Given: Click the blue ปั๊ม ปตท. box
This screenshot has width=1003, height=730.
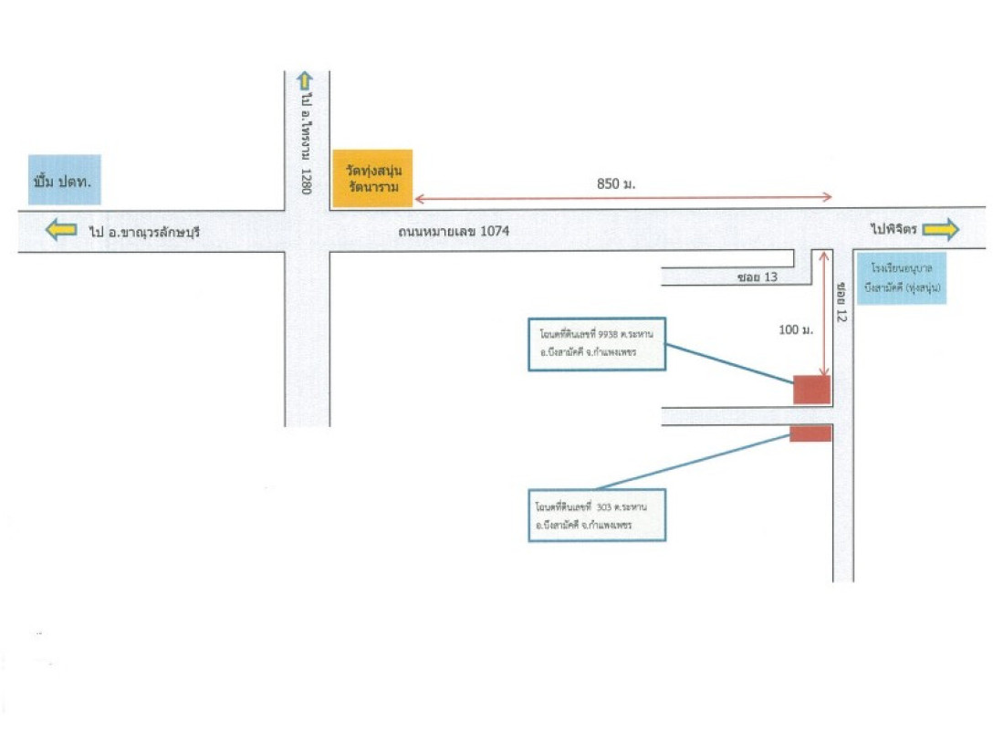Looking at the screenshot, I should [64, 179].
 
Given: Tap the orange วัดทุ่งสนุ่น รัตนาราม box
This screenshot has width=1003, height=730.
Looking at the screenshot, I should [372, 178].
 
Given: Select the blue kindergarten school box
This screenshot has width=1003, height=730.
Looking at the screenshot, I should [901, 278].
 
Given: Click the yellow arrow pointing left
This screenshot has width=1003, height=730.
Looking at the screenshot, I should [61, 230].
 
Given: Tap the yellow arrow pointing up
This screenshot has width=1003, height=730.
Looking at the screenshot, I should [305, 80].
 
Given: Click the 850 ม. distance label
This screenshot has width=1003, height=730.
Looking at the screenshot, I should [615, 183].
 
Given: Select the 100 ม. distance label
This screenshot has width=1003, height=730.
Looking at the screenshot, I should [796, 328].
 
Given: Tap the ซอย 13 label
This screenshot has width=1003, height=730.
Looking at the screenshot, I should [757, 276].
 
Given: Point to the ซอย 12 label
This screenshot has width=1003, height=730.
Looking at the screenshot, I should [841, 301].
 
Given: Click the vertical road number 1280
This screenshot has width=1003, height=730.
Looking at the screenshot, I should [308, 181].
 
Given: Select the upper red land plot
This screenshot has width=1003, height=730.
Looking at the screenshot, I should [811, 390].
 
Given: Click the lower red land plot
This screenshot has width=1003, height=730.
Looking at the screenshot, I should [810, 433].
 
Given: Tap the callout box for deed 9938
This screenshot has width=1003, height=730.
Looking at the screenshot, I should [597, 344].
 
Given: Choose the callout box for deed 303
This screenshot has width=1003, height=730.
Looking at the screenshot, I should [597, 516].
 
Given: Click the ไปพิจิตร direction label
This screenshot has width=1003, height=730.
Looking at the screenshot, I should [893, 230].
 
